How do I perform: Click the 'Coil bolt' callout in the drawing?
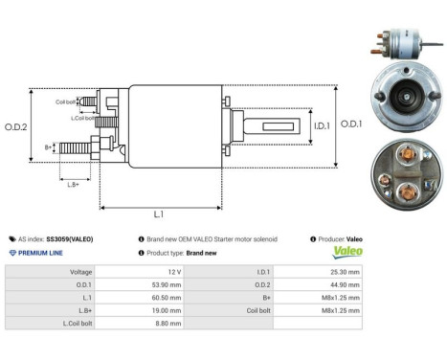pos(65,101)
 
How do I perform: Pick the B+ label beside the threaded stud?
pos(48,146)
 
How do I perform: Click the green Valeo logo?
pos(346,253)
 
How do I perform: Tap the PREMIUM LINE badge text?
pos(42,253)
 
